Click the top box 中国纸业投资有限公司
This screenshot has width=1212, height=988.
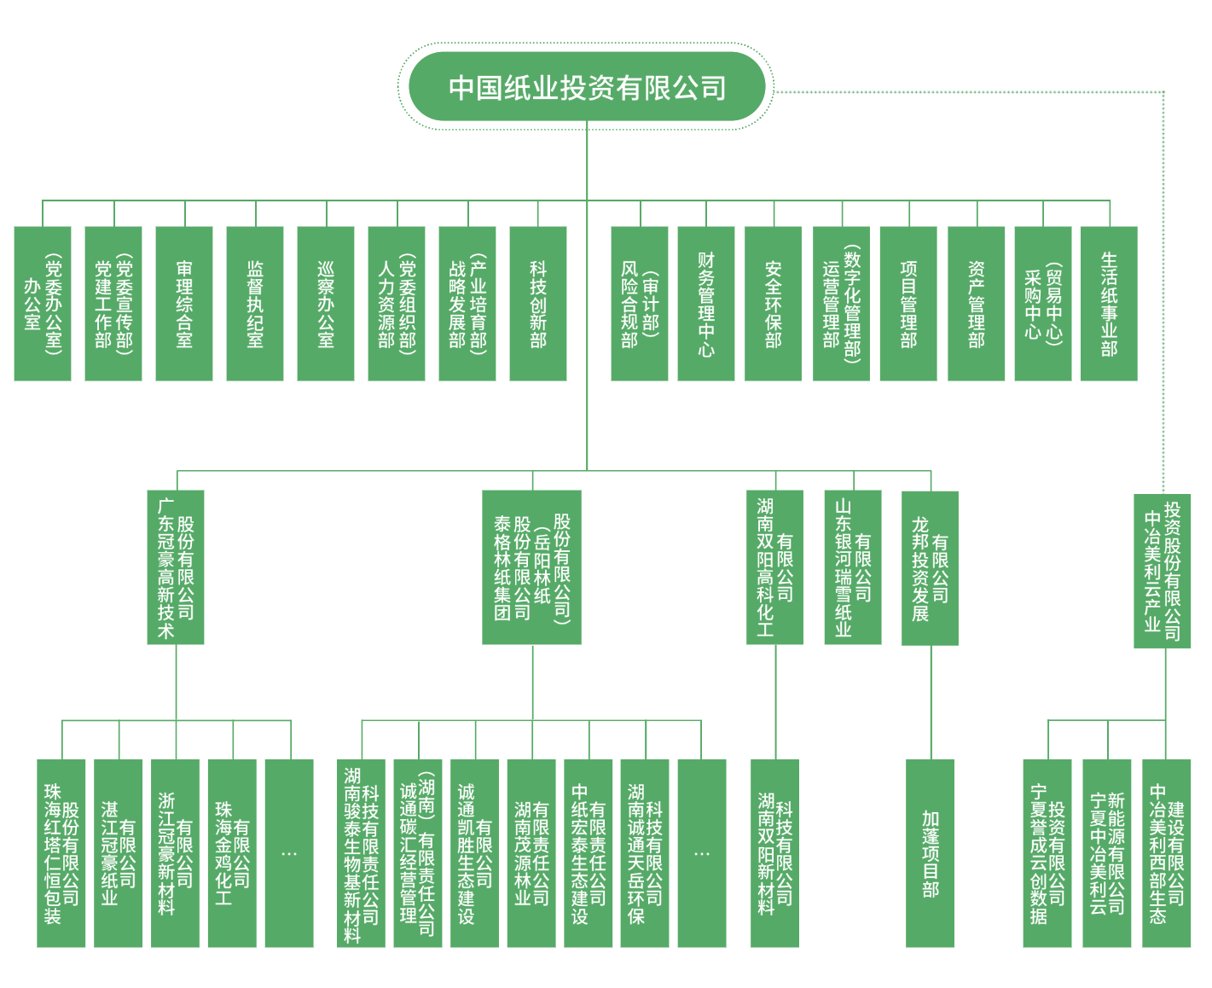pos(587,87)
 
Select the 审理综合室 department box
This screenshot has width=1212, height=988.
pos(184,304)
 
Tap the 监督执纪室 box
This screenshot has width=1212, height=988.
pos(255,304)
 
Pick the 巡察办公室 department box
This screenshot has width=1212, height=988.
pos(326,304)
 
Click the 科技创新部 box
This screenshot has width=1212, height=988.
pos(537,304)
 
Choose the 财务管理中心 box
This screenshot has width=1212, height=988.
pos(705,304)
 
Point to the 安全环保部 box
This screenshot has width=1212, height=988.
pos(773,304)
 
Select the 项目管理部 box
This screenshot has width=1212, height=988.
pos(908,304)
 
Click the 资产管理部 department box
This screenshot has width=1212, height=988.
pos(976,304)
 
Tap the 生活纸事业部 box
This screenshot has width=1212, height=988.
pos(1108,304)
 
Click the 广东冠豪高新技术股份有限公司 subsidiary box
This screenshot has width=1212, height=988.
pos(176,567)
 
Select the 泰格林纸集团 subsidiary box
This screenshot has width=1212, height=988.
pos(531,567)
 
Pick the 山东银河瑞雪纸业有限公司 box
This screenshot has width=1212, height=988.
pos(853,567)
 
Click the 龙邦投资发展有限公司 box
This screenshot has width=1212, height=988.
pos(930,567)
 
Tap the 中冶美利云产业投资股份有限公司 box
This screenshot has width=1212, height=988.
pos(1163,570)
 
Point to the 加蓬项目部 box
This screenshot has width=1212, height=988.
pos(930,853)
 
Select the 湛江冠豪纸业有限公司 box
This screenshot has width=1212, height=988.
pos(119,853)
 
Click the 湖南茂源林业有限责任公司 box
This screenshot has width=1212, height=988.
pos(531,853)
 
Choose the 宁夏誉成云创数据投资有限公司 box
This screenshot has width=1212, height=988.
pos(1047,853)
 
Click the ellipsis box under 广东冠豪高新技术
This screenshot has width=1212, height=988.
pos(289,853)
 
